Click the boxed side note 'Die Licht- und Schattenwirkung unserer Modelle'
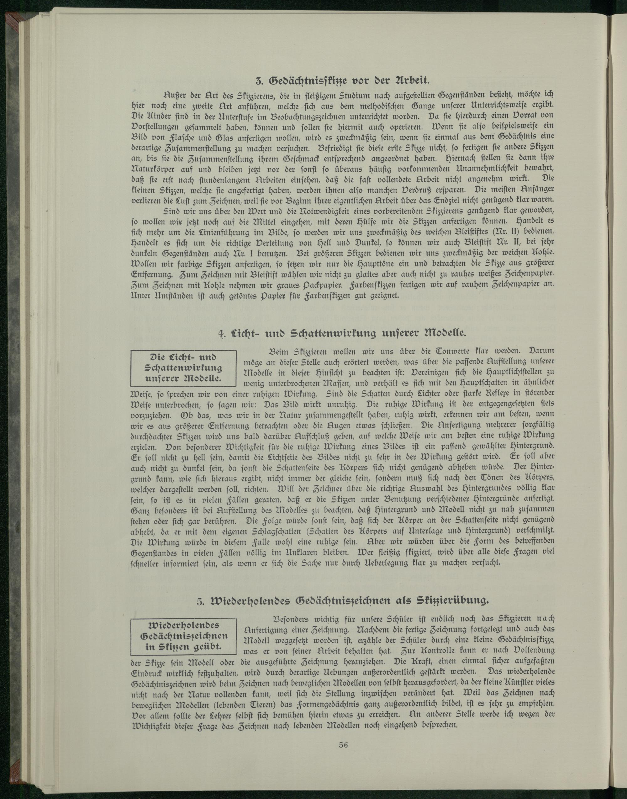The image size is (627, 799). [x=183, y=368]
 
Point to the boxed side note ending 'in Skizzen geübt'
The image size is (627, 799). [x=183, y=636]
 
